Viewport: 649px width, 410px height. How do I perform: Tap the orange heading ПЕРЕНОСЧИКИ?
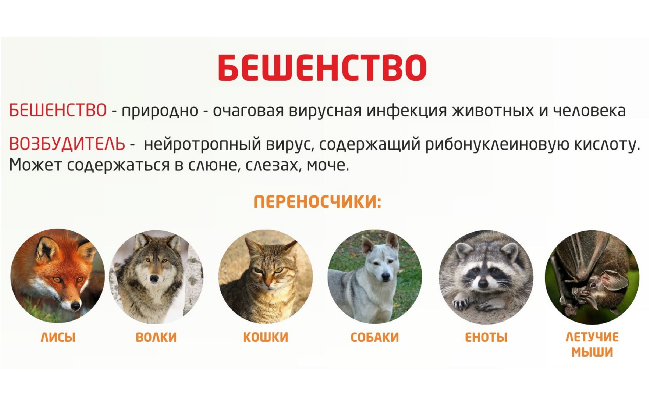coord(317,202)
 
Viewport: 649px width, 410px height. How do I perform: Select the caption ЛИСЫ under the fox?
coord(58,337)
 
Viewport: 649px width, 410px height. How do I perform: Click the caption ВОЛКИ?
coord(156,337)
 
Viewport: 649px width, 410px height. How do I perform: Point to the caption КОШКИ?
coord(265,337)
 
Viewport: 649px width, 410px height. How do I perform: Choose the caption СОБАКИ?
coord(375,337)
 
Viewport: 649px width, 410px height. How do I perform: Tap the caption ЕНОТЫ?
coord(486,337)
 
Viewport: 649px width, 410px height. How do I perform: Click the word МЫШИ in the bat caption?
coord(592,352)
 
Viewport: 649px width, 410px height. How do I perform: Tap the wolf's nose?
coord(154,279)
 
